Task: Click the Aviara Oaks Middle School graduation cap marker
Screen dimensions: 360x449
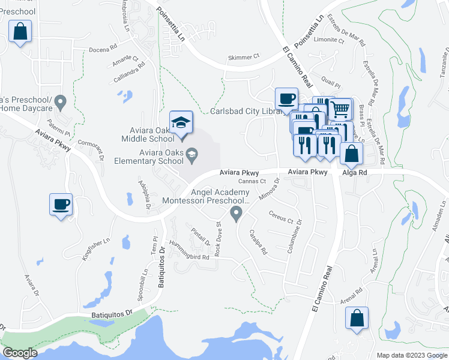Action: tap(181, 123)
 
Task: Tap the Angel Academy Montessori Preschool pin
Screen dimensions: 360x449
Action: tap(237, 213)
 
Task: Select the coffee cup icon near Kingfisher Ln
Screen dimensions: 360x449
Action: tap(61, 205)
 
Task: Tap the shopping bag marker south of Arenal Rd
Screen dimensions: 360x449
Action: tap(357, 319)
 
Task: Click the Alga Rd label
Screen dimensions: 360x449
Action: tap(354, 172)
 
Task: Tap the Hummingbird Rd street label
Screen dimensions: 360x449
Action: tap(188, 256)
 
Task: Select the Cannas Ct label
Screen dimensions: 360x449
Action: tap(252, 181)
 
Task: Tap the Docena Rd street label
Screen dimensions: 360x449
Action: tap(100, 50)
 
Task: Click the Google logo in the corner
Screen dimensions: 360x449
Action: tap(20, 353)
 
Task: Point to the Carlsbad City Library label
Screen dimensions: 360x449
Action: tap(247, 112)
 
